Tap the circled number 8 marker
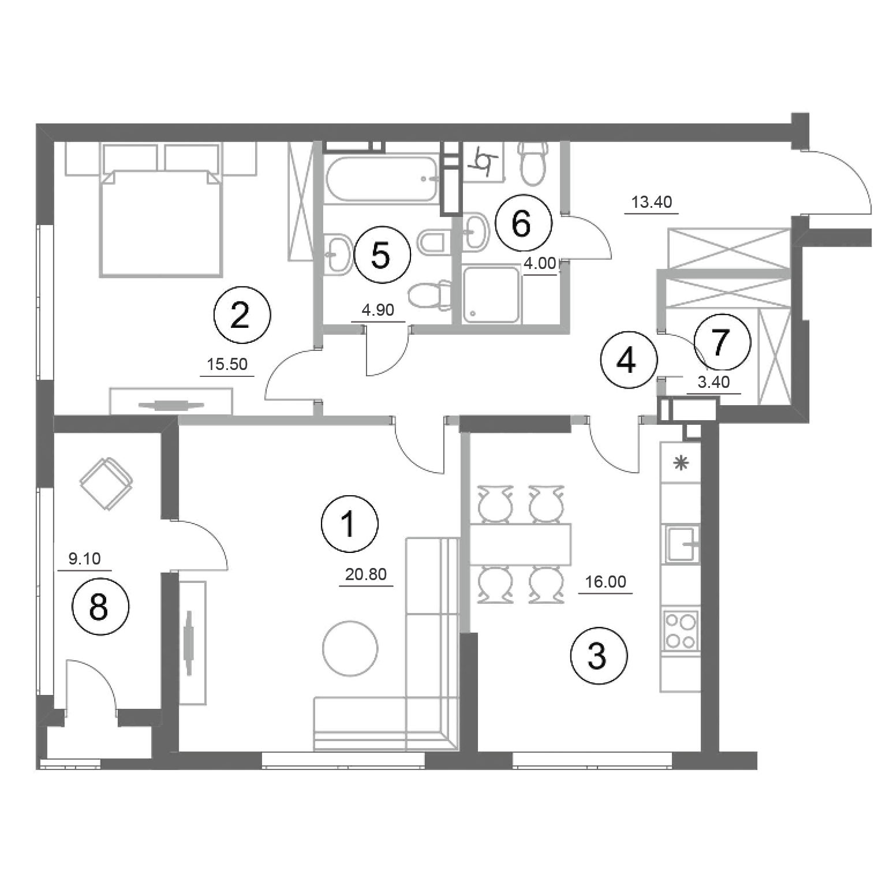coord(100,607)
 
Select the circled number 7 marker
coord(722,342)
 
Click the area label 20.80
coord(366,574)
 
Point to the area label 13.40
coord(652,202)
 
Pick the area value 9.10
coord(84,559)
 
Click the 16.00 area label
coord(605,582)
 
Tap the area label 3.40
coord(714,382)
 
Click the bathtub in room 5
coord(382,178)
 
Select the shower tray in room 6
coord(492,294)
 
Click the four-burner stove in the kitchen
coord(681,631)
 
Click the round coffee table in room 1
coord(350,648)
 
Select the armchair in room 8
coord(107,483)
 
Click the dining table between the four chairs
coord(520,544)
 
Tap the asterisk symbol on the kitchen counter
coord(682,463)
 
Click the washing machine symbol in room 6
coord(482,163)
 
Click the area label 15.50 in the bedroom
coord(227,364)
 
